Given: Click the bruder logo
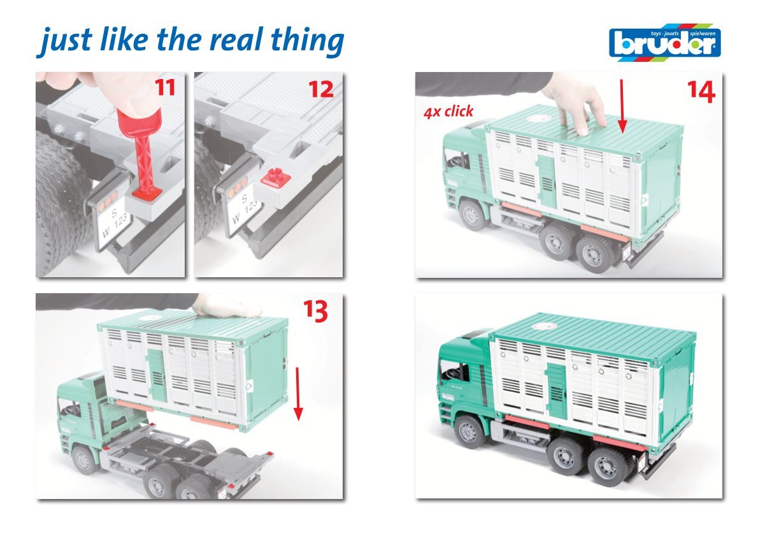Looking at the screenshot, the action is pyautogui.click(x=665, y=43).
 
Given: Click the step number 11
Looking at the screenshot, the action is pyautogui.click(x=165, y=87).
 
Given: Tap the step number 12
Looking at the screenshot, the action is pyautogui.click(x=321, y=89).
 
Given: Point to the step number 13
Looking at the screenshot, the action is pyautogui.click(x=315, y=311).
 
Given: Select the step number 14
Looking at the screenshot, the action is pyautogui.click(x=701, y=91).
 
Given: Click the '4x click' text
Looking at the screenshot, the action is pyautogui.click(x=448, y=112).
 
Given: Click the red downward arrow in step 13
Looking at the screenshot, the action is pyautogui.click(x=298, y=393).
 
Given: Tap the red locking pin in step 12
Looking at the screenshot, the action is pyautogui.click(x=276, y=178).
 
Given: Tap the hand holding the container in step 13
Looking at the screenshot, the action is pyautogui.click(x=225, y=306).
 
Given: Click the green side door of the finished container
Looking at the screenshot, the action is pyautogui.click(x=557, y=391).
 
